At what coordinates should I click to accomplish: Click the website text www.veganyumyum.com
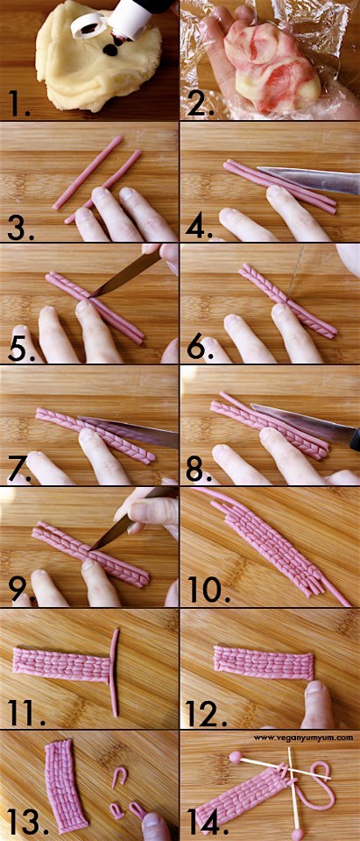click(x=303, y=738)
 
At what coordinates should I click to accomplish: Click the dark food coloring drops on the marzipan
click(x=113, y=48)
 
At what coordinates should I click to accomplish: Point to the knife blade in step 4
click(x=308, y=180)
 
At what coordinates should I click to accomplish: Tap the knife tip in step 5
click(x=90, y=295)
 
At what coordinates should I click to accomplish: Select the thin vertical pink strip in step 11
click(x=113, y=672)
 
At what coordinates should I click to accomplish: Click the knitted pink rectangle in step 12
click(x=264, y=662)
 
